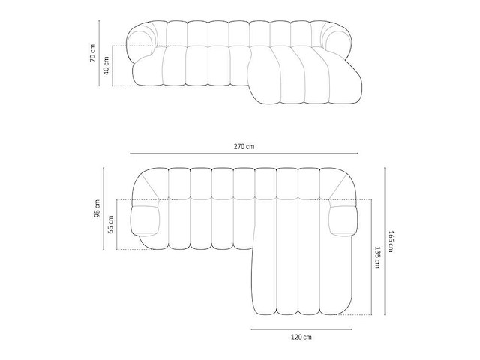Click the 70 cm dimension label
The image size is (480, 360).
[93, 53]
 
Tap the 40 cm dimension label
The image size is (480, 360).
[106, 65]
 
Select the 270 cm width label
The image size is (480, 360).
[244, 146]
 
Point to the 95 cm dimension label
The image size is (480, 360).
[97, 208]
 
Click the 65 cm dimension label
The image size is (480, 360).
[110, 224]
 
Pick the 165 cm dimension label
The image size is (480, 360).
[390, 241]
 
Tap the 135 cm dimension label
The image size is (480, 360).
[377, 257]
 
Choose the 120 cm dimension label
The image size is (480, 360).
[301, 337]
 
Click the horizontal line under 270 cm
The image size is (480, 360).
[244, 153]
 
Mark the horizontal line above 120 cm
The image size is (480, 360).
[301, 329]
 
